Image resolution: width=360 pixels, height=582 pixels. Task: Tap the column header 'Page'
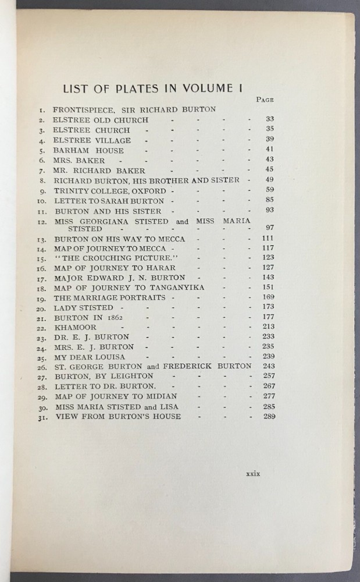point(265,100)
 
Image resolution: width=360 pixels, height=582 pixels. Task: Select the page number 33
point(269,119)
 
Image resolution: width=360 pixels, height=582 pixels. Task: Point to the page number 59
point(269,190)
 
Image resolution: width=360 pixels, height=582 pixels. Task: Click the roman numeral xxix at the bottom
point(253,474)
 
